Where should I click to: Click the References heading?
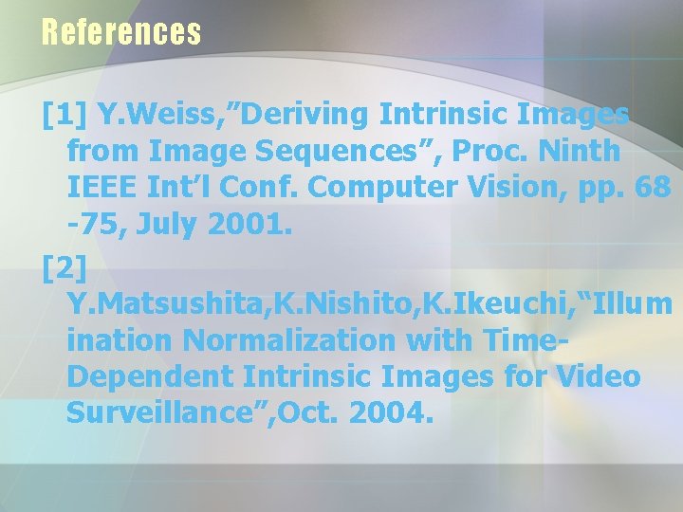point(121,32)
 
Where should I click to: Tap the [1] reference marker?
point(65,116)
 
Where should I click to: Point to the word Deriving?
point(305,116)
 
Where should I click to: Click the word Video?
point(598,376)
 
